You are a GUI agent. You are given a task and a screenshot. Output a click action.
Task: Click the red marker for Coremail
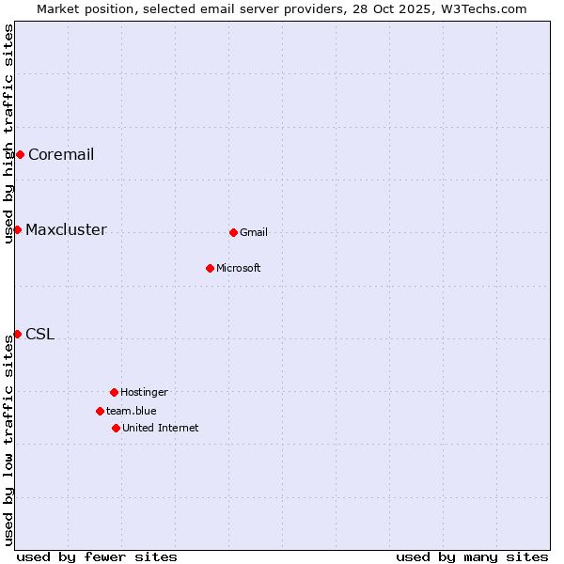(20, 154)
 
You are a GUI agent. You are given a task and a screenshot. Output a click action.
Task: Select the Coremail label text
(61, 155)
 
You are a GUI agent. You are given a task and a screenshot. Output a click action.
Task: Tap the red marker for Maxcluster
(17, 229)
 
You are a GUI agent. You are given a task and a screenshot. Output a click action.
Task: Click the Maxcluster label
(66, 230)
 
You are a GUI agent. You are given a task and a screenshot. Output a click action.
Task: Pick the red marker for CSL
(17, 334)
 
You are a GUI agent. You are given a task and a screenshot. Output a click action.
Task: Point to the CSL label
(39, 335)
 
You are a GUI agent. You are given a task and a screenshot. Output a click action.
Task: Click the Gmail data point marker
(233, 232)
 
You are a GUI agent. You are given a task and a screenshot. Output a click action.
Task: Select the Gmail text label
(254, 233)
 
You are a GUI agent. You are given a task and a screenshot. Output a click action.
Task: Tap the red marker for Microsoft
(210, 268)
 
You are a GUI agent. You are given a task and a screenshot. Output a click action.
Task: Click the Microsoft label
(239, 269)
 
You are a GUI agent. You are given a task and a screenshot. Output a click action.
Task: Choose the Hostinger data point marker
(114, 392)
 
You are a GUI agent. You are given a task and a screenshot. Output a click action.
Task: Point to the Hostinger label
(144, 393)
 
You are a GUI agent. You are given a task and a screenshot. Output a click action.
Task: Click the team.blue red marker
(100, 411)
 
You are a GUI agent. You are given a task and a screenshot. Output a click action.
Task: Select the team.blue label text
(132, 412)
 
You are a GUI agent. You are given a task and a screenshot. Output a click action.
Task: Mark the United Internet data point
(116, 428)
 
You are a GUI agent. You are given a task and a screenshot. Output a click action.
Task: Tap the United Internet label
(161, 429)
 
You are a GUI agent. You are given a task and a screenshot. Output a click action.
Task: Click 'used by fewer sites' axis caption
(97, 556)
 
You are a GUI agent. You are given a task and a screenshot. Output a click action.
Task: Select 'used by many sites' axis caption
(472, 556)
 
